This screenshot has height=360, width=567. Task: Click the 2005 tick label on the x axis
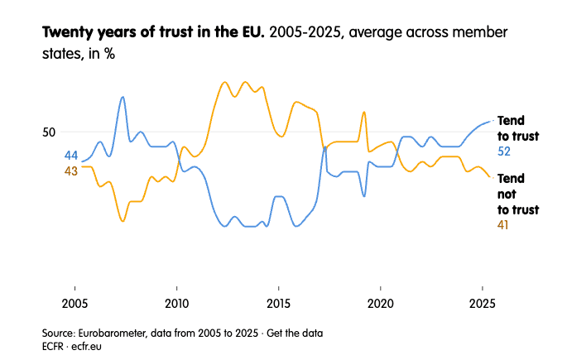[74, 302]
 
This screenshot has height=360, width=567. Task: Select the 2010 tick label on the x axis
[176, 302]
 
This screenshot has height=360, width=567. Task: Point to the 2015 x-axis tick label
[278, 302]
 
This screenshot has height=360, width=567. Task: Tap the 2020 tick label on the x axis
[381, 302]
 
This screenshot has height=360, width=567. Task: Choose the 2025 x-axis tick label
[483, 302]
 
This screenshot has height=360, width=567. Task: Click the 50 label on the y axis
[49, 132]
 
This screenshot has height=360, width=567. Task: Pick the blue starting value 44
[71, 156]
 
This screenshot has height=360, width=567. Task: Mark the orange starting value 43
[71, 170]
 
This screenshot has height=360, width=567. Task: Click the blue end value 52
[504, 151]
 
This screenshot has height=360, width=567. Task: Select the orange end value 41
[503, 225]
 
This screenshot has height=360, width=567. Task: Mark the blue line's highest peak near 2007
[123, 97]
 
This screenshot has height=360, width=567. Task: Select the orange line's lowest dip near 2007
[123, 221]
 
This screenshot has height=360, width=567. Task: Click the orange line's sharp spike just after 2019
[364, 113]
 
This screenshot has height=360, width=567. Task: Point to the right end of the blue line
[490, 121]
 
